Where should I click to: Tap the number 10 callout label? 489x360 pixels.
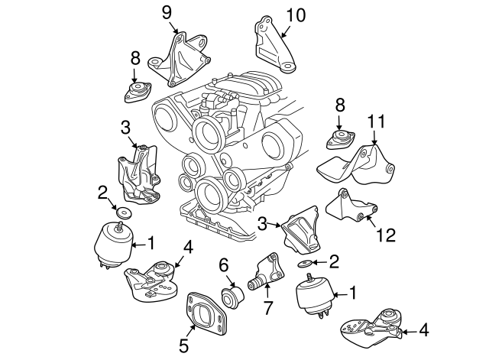pos(294,15)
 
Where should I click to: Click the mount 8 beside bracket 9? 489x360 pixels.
pos(135,92)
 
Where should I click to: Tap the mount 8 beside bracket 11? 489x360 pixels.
pos(338,141)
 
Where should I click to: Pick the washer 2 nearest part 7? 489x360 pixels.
pos(306,264)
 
